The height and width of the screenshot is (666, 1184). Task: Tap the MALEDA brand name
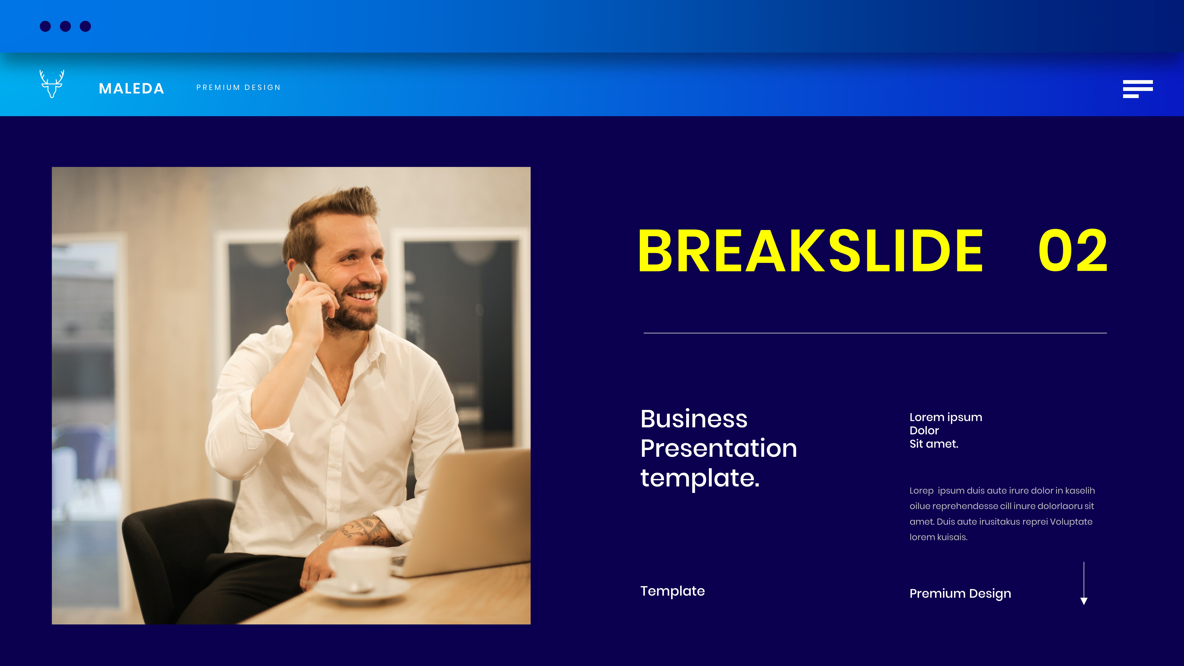coord(131,88)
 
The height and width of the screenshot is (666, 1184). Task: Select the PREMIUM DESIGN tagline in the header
coord(238,87)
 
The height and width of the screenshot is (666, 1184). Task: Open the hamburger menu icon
coord(1138,89)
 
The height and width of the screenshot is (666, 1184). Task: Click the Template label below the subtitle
coord(672,591)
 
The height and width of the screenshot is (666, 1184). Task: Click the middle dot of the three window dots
coord(65,26)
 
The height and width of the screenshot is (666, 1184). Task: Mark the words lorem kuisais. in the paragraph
coord(939,537)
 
